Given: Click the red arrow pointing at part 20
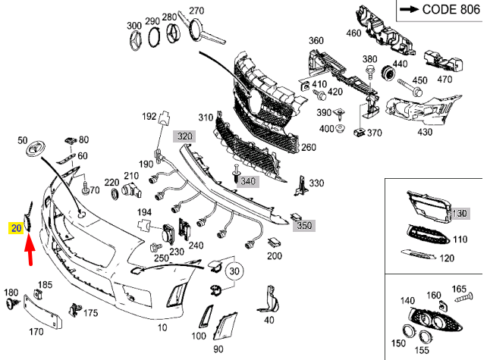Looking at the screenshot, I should [29, 250].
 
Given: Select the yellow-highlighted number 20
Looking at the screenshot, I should [16, 227].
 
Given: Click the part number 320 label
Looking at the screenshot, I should [185, 136].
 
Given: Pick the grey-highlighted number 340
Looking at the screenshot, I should [247, 182].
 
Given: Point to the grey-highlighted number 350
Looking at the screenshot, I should [304, 225].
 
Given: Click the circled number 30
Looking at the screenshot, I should [234, 271].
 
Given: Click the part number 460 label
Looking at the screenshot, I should [353, 33].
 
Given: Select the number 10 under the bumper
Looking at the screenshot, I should [162, 328].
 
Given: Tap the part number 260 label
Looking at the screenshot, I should [308, 148].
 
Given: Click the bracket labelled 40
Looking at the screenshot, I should [268, 299].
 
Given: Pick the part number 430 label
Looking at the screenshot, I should [424, 132].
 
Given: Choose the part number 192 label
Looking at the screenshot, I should [149, 116].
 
